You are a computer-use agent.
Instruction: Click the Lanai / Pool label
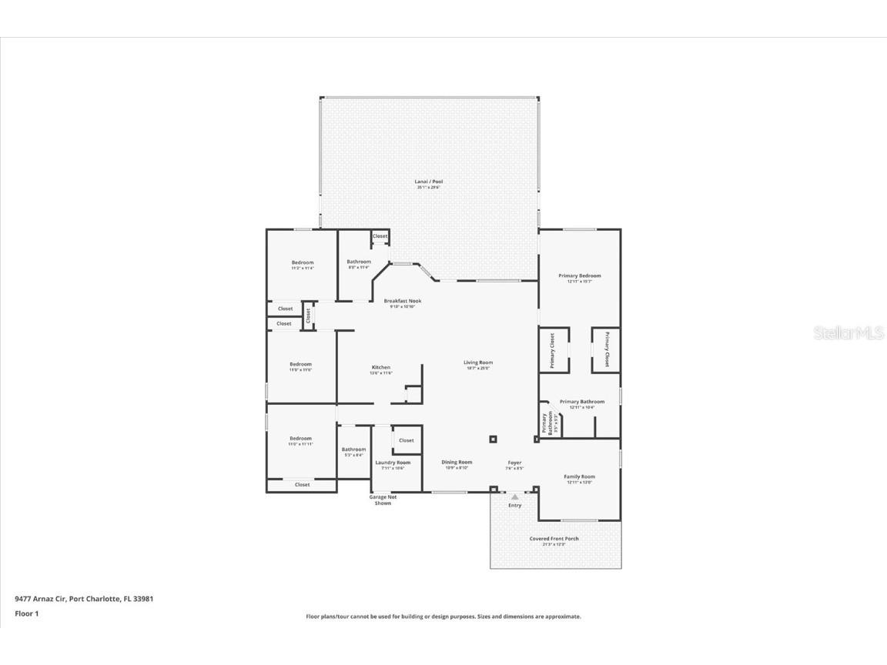pos(429,182)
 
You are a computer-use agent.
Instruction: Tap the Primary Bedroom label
pos(579,276)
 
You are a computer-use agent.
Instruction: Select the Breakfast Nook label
pos(403,301)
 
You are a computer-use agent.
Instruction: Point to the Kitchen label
pos(381,368)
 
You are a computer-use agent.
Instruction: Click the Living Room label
pos(477,363)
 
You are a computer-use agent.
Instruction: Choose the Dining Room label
pos(457,463)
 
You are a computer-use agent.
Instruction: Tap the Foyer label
pos(514,463)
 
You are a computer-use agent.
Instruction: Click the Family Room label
pos(579,477)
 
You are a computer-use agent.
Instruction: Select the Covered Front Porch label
pos(554,539)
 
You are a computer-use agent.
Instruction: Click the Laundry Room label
pos(393,463)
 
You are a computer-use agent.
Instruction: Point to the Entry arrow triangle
pos(515,497)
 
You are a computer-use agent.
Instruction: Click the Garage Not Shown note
pos(383,500)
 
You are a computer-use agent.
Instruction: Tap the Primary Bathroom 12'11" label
pos(581,402)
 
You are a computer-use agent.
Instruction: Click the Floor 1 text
pos(26,613)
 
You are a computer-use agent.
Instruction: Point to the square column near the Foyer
pos(493,439)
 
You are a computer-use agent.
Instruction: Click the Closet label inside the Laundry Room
pos(407,440)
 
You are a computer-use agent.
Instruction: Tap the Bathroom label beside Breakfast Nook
pos(359,262)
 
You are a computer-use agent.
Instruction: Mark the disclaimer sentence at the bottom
pos(443,617)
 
